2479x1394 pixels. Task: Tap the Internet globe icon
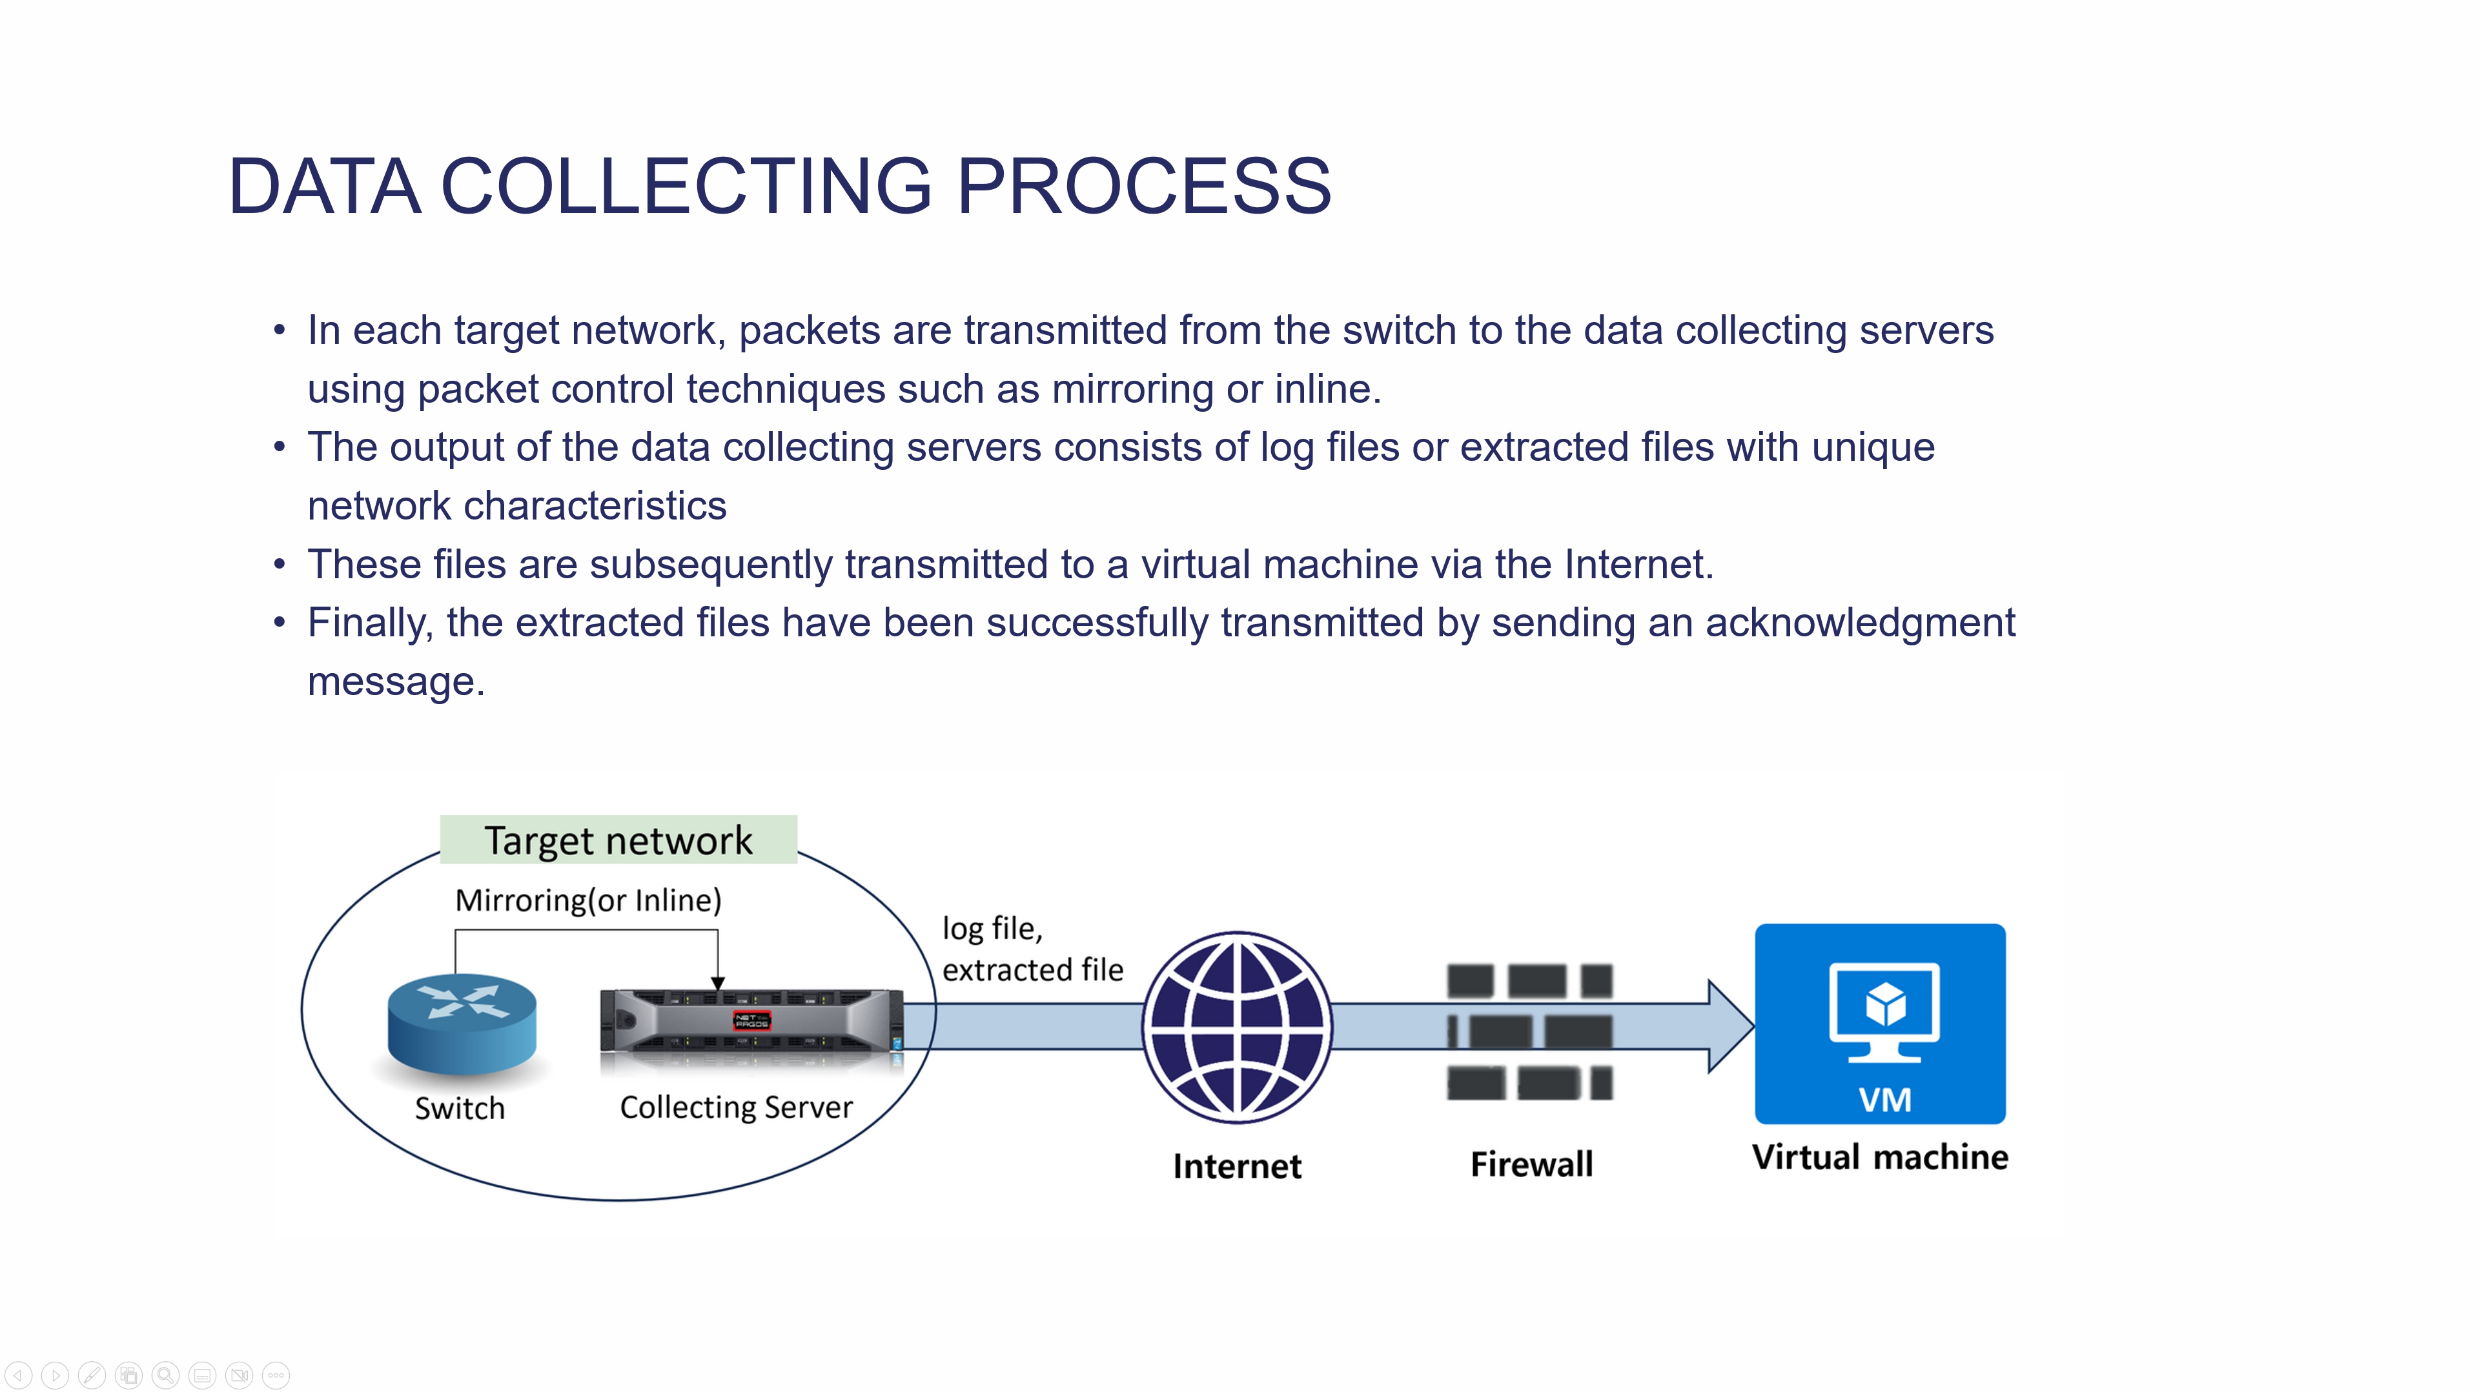pyautogui.click(x=1238, y=1027)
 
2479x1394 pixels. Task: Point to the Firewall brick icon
pyautogui.click(x=1529, y=1031)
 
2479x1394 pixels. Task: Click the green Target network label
pyautogui.click(x=618, y=840)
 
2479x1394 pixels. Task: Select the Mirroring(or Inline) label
pyautogui.click(x=588, y=900)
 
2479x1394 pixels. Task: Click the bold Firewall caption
pyautogui.click(x=1531, y=1164)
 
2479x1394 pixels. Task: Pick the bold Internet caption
pyautogui.click(x=1237, y=1166)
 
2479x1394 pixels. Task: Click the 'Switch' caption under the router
pyautogui.click(x=460, y=1108)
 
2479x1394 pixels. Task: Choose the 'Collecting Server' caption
pyautogui.click(x=736, y=1107)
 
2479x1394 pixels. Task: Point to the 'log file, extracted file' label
pyautogui.click(x=1032, y=949)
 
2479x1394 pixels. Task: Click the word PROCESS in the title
pyautogui.click(x=1143, y=186)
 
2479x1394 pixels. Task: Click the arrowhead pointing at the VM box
pyautogui.click(x=1732, y=1027)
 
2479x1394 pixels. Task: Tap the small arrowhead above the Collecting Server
pyautogui.click(x=718, y=983)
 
